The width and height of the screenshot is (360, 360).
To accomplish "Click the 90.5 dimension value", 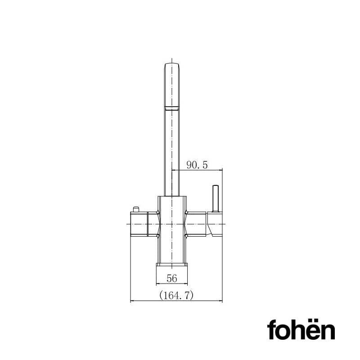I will tap(197, 165).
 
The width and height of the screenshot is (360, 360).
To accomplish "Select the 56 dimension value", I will tap(171, 279).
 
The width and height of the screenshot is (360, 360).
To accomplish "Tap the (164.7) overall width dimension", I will tap(176, 296).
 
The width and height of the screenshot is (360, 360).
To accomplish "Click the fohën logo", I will tap(301, 330).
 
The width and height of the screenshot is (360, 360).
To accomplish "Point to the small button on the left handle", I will tap(135, 209).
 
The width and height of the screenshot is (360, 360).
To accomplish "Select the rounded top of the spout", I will tap(173, 66).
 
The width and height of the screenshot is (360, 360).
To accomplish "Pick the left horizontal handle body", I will tap(143, 224).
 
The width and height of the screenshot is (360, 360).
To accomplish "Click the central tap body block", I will tap(172, 229).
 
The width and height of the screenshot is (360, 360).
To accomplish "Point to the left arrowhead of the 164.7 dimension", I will tap(132, 301).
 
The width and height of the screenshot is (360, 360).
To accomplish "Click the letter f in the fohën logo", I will tap(271, 330).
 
